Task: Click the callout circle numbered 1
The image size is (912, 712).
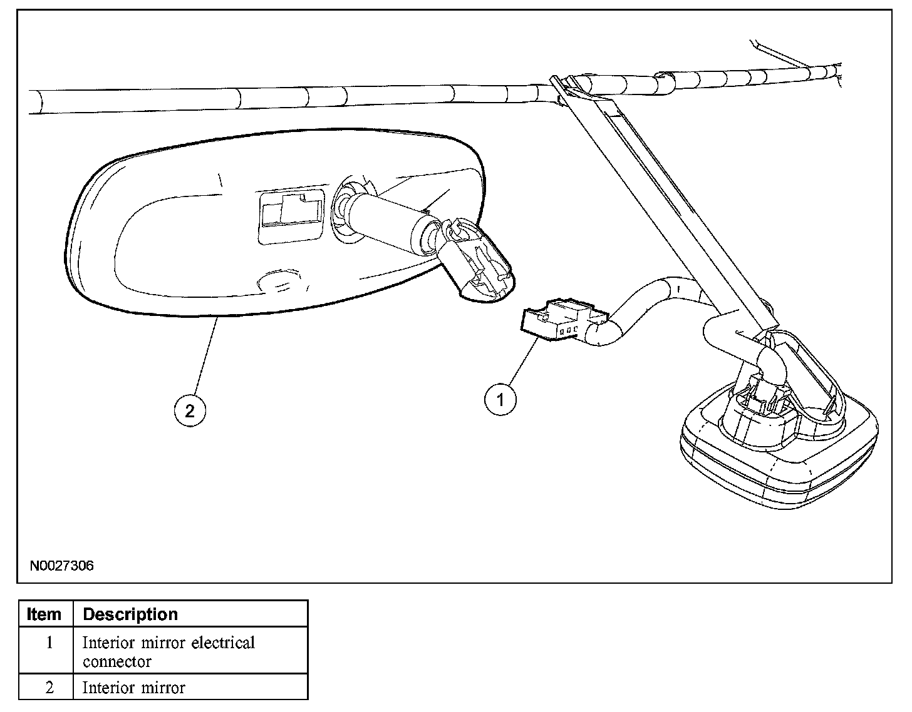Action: click(x=500, y=399)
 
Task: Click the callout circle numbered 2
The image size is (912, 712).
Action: click(x=189, y=410)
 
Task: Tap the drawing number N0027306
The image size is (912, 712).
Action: click(x=61, y=566)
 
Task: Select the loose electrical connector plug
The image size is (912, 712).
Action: click(x=556, y=320)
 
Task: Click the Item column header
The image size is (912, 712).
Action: click(x=44, y=614)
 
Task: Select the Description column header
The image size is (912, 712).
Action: click(x=130, y=614)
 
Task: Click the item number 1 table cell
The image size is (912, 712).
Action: click(x=49, y=643)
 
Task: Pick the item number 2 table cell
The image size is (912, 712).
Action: click(x=49, y=688)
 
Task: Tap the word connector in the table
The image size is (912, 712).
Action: click(x=117, y=661)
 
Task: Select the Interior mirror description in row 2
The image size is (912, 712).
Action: click(x=134, y=688)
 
